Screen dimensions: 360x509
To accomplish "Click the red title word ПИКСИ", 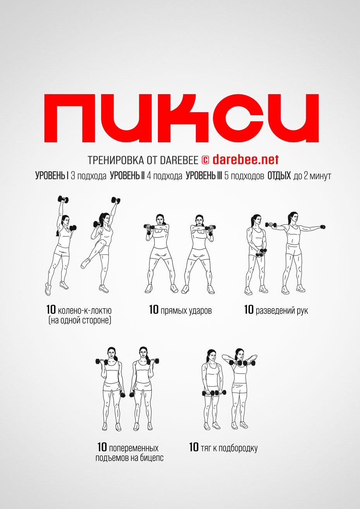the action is coord(181,118).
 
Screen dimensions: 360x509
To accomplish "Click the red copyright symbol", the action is coord(205,160).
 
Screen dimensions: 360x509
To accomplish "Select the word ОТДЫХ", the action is coord(279,176).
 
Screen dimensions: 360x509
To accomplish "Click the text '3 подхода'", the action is coord(89,176).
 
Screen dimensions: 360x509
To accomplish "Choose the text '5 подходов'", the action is coord(244,176).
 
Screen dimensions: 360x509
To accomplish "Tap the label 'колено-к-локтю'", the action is coord(85,310).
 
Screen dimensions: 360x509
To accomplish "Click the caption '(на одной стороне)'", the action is coord(80,320).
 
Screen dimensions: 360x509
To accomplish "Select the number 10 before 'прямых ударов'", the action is coord(154,309).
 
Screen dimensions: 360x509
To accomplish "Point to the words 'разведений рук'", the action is coord(282,311).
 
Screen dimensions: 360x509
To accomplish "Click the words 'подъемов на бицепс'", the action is coord(129,458).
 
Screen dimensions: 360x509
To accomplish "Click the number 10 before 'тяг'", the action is coord(194,447).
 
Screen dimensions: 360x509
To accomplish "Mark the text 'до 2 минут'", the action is coord(312,176).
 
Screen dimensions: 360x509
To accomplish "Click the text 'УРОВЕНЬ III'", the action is coord(204,176).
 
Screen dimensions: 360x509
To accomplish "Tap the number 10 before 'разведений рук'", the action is coord(249,309).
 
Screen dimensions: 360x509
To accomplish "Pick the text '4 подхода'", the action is coord(165,176).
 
